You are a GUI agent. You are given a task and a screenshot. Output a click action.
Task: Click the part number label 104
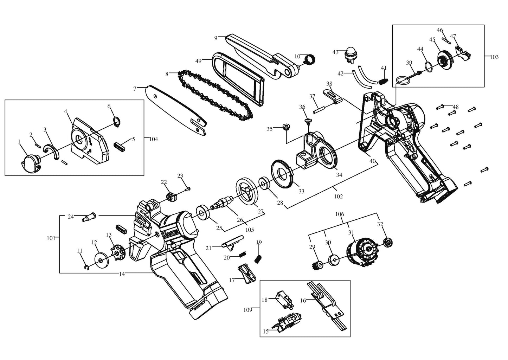tap(154, 139)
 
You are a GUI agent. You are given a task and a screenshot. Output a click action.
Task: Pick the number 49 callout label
tap(198, 61)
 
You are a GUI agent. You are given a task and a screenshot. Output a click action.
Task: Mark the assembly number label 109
tap(248, 310)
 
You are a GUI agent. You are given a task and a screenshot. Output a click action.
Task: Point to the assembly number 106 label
tap(340, 214)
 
